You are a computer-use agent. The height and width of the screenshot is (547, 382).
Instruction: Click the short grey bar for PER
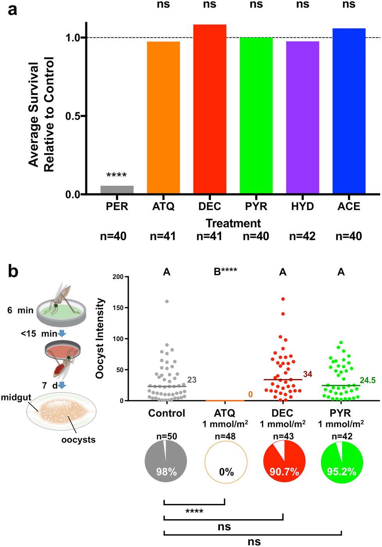(x=117, y=190)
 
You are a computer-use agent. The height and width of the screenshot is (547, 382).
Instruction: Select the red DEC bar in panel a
(x=210, y=109)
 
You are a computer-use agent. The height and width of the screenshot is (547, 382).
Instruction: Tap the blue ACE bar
(x=349, y=111)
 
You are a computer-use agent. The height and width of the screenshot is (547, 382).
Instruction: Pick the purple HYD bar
(x=302, y=117)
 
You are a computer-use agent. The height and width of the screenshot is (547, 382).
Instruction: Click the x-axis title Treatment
(x=233, y=223)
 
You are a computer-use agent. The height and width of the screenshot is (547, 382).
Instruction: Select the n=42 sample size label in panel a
(x=302, y=236)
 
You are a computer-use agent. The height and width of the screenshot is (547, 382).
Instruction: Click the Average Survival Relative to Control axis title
(x=41, y=114)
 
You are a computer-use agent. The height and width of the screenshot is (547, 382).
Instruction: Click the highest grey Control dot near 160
(x=167, y=301)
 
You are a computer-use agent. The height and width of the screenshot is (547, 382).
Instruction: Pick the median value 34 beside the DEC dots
(x=307, y=374)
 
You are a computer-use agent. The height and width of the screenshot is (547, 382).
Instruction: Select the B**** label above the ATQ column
(x=225, y=272)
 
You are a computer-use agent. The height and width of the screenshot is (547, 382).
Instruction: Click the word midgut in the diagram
(x=16, y=397)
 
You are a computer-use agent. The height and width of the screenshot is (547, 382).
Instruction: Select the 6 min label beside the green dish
(x=20, y=310)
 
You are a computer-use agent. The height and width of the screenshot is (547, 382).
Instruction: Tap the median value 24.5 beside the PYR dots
(x=368, y=380)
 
